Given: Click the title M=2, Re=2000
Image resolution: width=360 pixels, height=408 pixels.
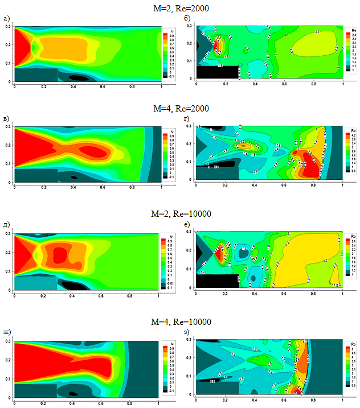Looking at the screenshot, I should (x=180, y=7).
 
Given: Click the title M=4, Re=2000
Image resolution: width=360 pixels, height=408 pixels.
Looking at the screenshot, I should (x=180, y=109).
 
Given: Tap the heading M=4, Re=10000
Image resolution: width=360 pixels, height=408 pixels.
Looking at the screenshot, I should (x=180, y=322).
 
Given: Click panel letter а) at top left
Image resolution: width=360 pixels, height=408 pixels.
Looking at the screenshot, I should (x=7, y=19).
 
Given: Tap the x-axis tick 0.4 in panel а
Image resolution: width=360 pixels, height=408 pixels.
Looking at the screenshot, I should (x=73, y=87).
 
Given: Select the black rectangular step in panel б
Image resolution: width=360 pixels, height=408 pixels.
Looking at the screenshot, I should (x=218, y=72).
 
